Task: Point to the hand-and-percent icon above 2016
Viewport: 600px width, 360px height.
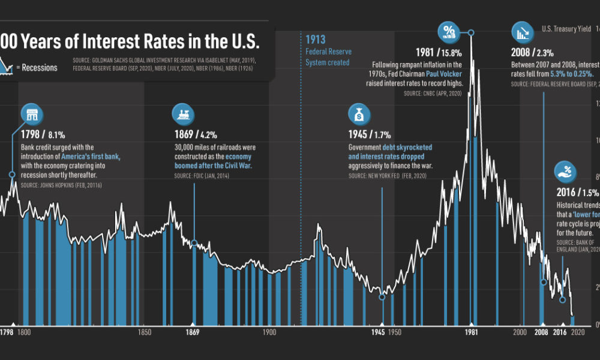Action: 566,172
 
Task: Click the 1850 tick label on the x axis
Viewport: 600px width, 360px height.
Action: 144,331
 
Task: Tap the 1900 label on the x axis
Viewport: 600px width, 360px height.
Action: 269,331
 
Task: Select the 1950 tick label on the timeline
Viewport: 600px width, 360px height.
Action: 395,331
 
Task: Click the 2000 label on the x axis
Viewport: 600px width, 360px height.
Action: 520,331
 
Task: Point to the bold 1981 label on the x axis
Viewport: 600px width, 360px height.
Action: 472,331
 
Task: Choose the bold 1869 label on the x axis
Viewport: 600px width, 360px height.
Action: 193,331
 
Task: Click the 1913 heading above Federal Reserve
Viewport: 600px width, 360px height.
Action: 316,40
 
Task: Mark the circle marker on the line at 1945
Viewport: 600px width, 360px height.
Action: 382,296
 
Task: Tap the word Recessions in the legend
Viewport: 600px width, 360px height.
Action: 40,67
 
